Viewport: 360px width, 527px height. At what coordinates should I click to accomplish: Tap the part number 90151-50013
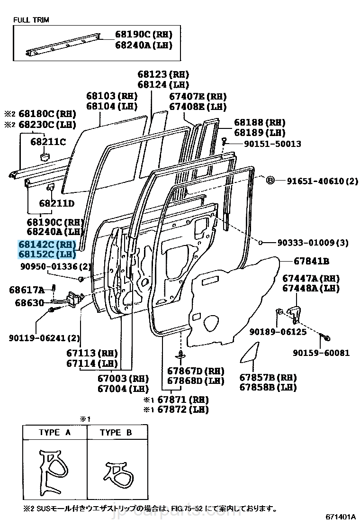tap(266, 144)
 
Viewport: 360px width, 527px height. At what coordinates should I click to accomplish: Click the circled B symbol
tap(270, 181)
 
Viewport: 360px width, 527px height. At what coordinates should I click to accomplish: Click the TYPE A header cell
tap(54, 433)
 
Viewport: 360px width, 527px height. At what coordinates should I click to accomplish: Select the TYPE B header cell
tap(116, 433)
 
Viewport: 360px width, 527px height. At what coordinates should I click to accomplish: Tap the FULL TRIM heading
tap(31, 20)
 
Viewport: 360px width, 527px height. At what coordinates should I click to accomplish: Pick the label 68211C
tap(48, 141)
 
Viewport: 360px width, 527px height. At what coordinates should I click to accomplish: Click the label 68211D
tap(57, 203)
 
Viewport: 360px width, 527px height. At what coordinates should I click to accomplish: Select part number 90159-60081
tap(321, 353)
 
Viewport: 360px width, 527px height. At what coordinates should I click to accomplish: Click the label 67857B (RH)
tap(268, 377)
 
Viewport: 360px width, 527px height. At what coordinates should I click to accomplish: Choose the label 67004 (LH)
tap(123, 389)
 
